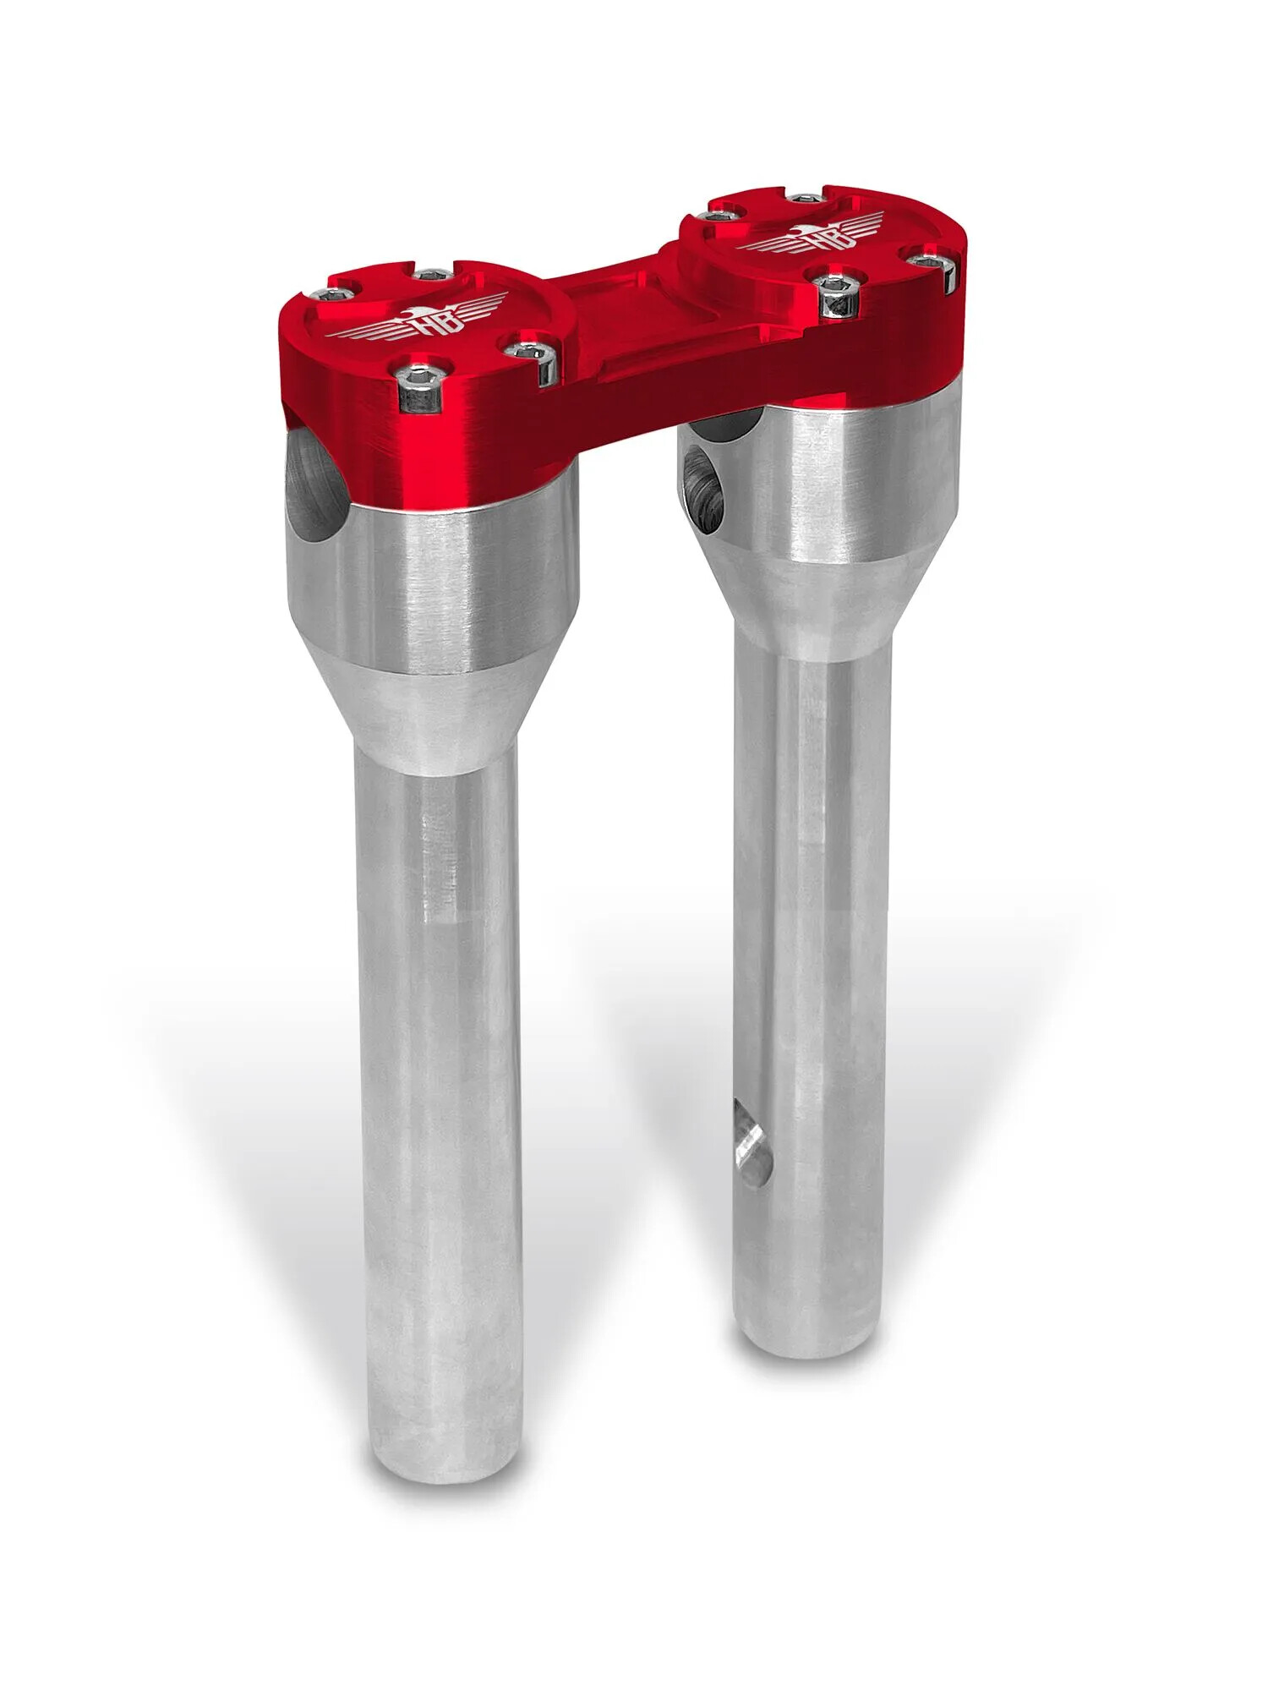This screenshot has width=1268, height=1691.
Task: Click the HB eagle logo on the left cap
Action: click(420, 320)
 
